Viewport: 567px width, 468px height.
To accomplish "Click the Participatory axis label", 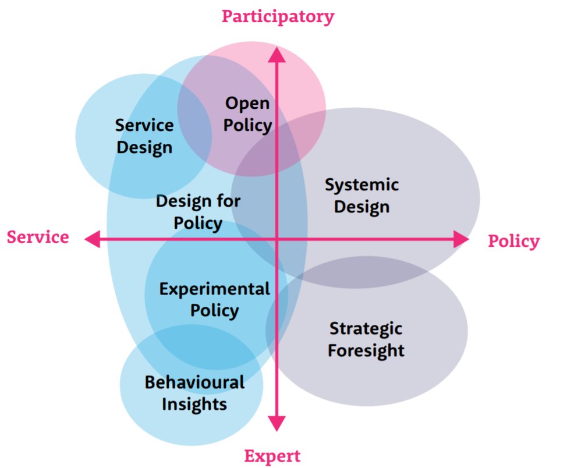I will tap(278, 16).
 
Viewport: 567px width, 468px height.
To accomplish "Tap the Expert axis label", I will tap(272, 456).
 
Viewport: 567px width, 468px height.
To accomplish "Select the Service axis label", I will tap(38, 237).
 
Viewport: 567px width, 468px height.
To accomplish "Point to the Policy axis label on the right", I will tap(513, 241).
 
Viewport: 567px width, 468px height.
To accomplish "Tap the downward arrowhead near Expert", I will tap(276, 423).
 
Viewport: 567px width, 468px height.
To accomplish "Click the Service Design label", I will tap(144, 136).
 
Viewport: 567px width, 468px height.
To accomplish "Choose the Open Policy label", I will tap(248, 114).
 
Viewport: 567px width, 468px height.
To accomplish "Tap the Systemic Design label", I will tap(362, 196).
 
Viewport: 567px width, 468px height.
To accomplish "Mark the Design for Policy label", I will tap(198, 212).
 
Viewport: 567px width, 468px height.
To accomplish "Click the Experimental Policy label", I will tap(215, 299).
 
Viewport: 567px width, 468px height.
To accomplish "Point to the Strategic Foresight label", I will tap(366, 339).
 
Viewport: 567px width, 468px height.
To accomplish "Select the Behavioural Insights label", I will tap(194, 393).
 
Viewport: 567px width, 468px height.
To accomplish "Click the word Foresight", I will tap(366, 350).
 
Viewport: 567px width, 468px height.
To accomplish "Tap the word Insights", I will tap(194, 403).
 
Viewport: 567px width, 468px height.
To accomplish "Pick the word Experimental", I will tap(215, 289).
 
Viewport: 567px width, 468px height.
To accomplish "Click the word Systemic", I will tap(362, 185).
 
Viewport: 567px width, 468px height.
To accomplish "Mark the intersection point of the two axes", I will tap(277, 239).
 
